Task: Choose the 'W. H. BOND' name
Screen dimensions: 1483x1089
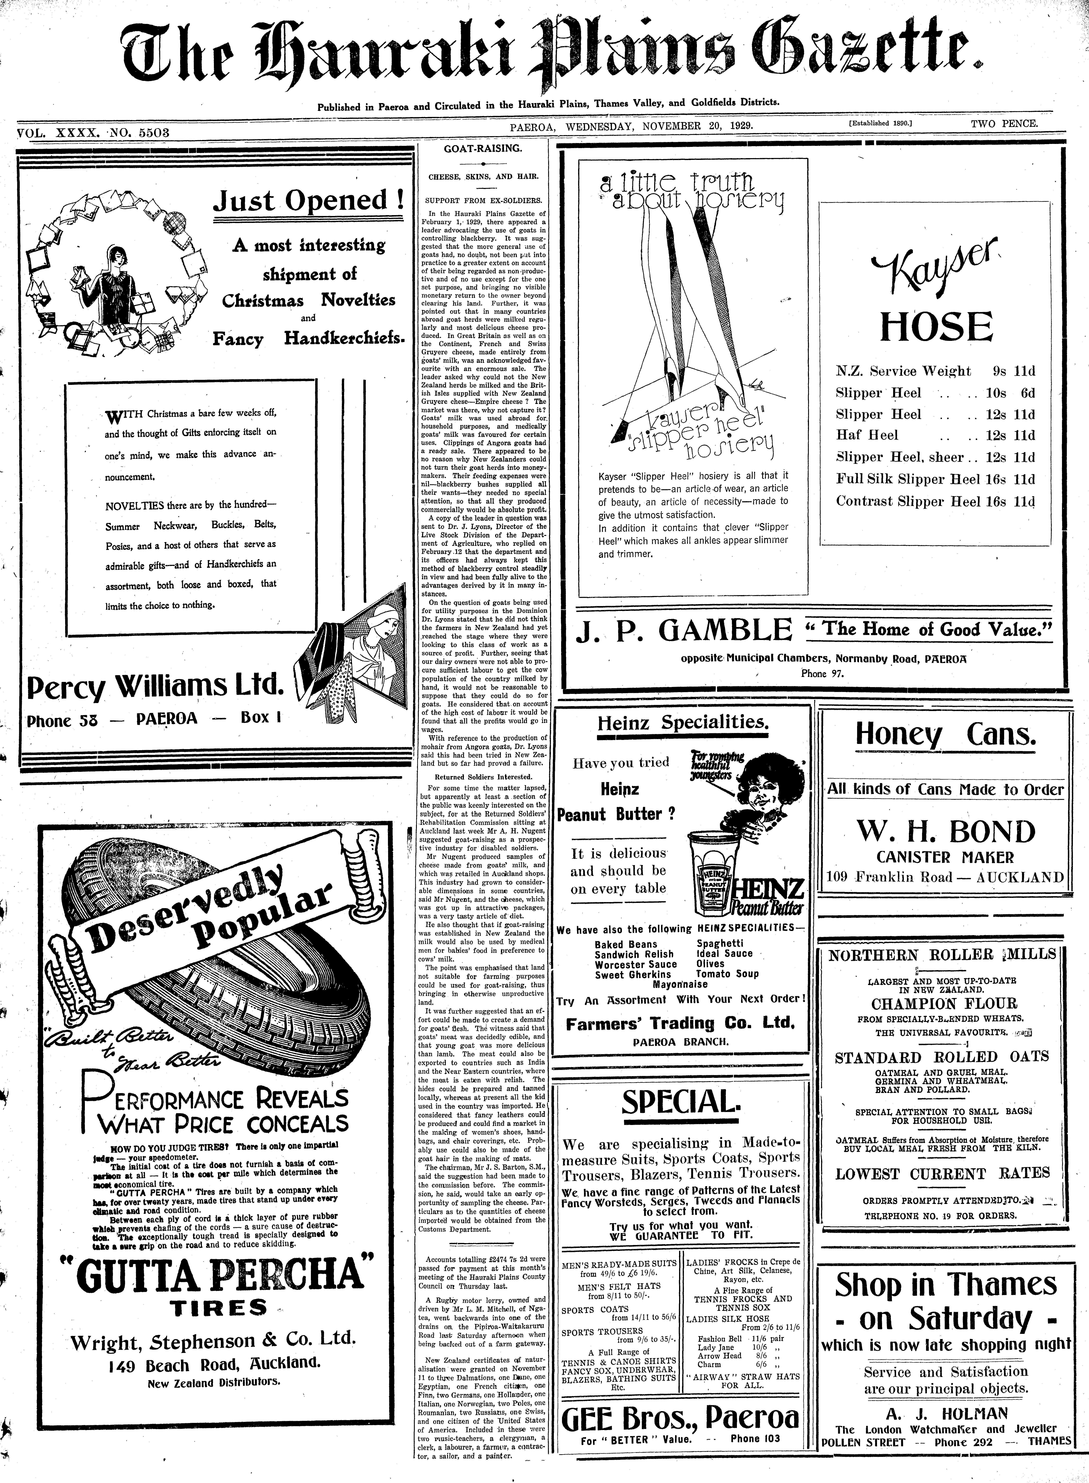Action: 945,832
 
